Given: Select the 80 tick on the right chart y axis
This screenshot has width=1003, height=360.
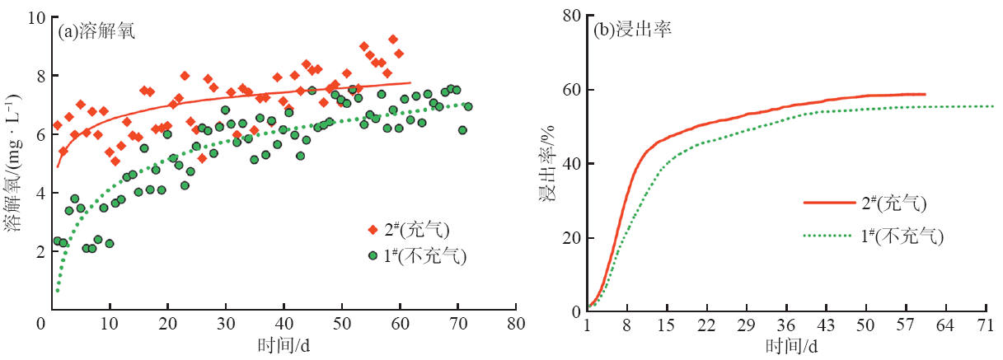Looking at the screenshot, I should tap(569, 15).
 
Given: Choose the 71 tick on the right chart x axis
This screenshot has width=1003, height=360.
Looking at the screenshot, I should tap(986, 325).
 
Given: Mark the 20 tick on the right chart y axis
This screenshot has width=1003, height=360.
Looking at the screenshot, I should tap(569, 238).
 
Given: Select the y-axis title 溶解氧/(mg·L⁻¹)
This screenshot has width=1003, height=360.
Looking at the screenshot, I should tap(14, 164).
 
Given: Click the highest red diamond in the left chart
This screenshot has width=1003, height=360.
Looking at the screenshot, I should tap(393, 40).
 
